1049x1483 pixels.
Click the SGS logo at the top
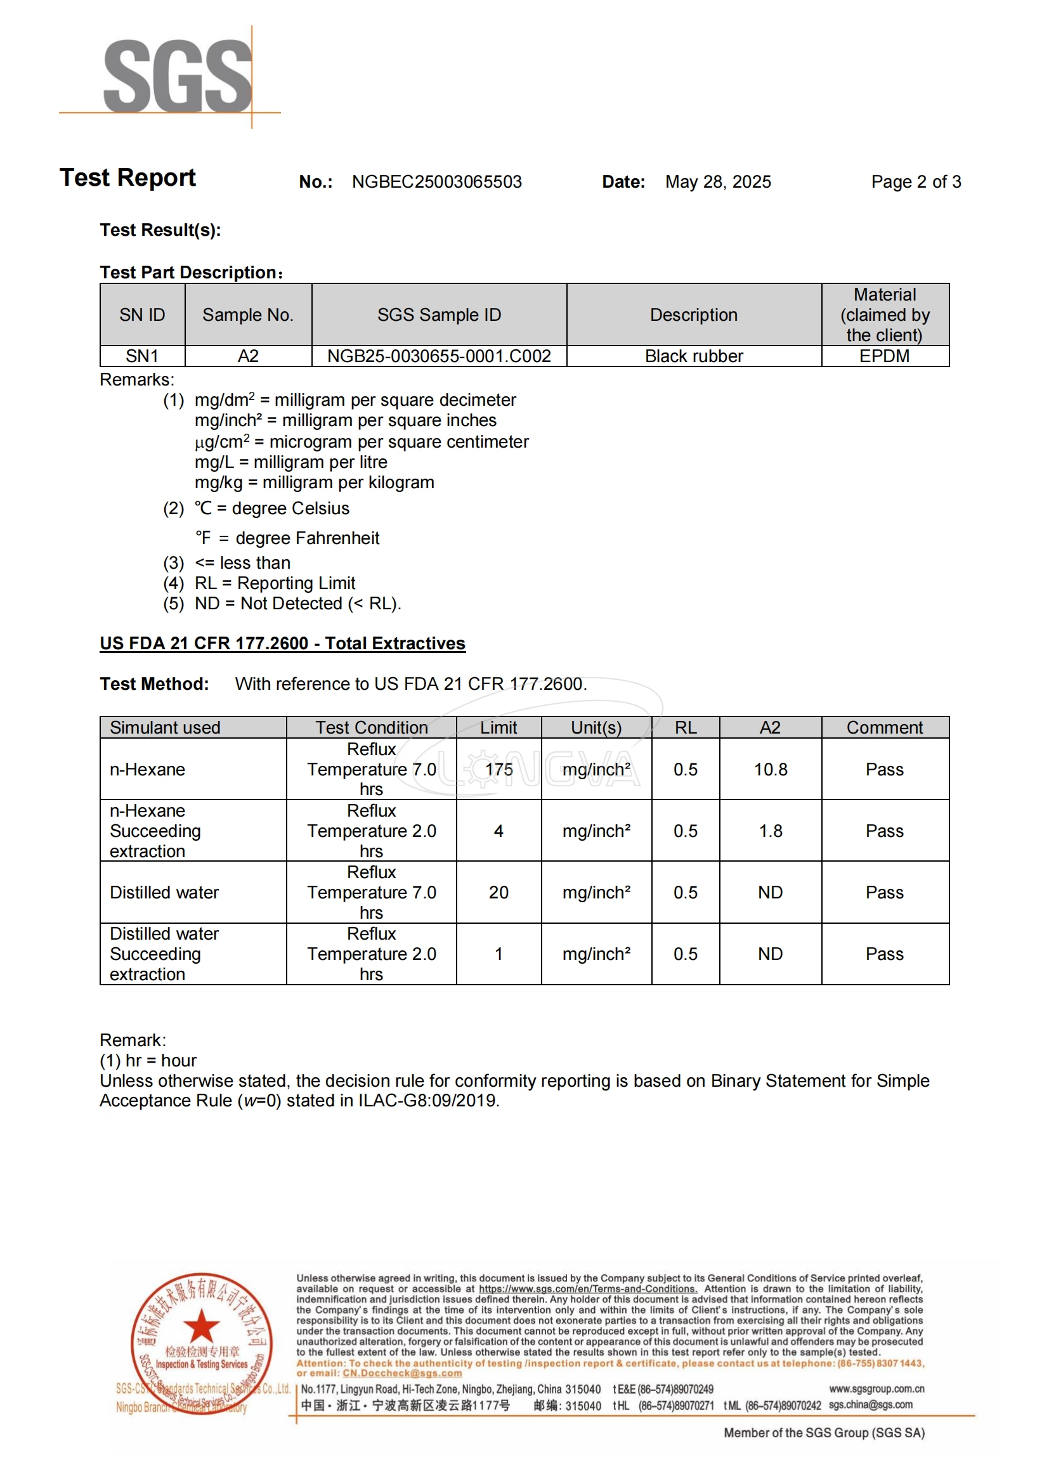177,76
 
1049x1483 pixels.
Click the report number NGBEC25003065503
436,182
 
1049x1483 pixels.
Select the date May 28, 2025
718,182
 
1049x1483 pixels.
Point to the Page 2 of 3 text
915,182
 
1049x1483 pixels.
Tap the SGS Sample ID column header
439,315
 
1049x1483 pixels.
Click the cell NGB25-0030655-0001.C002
439,356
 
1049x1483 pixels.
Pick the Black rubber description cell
694,356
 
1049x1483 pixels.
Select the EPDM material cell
884,356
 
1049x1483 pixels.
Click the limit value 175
498,770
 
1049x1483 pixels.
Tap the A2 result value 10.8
770,770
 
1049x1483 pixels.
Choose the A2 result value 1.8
770,831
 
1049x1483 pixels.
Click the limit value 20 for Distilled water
498,893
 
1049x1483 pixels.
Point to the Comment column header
884,728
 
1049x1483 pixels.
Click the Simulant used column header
166,728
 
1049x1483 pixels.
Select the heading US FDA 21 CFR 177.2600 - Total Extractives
282,644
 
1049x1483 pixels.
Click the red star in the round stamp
202,1326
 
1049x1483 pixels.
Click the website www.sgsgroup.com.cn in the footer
876,1389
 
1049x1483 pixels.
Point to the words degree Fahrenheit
308,539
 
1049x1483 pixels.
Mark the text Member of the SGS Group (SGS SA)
824,1434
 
